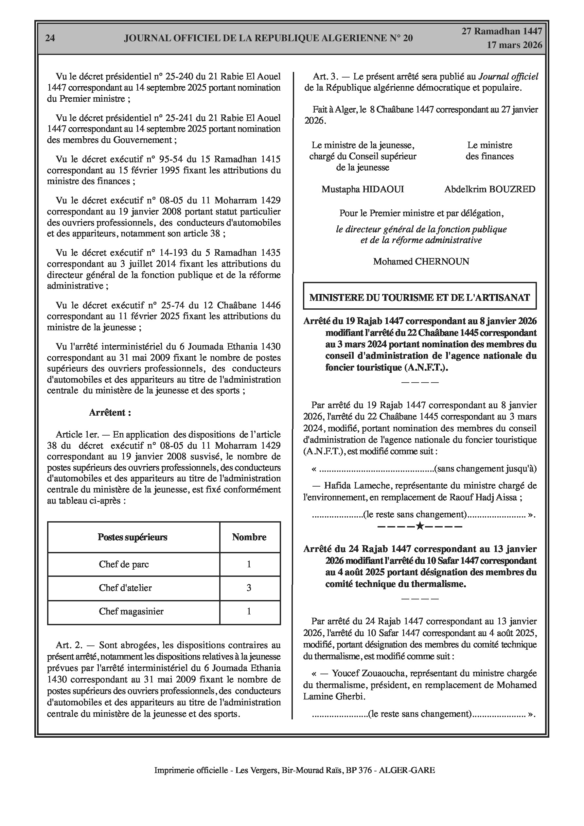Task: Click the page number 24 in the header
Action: [50, 38]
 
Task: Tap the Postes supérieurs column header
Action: [133, 537]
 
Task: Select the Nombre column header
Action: [249, 537]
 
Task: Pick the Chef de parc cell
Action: [124, 564]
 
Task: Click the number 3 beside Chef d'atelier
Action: [249, 588]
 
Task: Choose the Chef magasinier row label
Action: [131, 611]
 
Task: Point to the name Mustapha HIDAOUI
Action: [363, 189]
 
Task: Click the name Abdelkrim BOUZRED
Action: [490, 189]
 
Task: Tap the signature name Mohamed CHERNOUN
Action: [421, 262]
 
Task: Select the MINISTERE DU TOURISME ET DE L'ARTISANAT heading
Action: [419, 298]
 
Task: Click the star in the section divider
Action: [419, 526]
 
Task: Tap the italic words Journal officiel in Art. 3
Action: [508, 77]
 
